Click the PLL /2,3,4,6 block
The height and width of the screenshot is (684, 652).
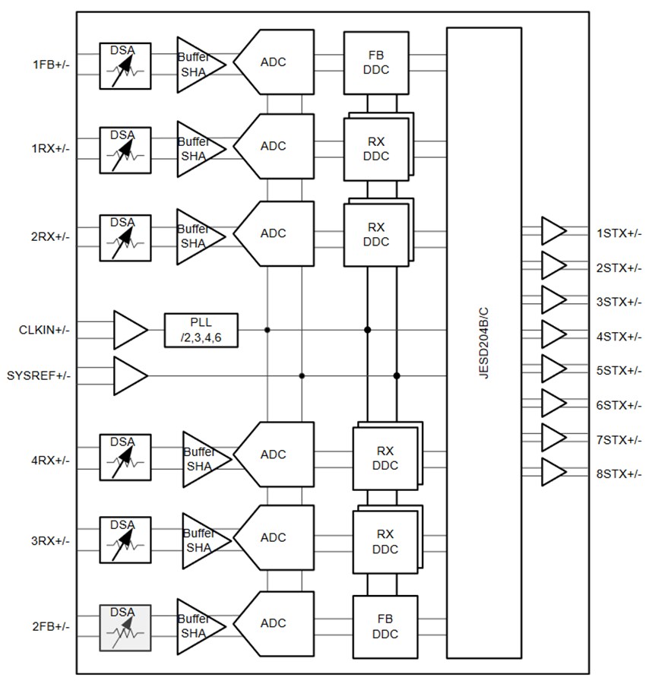[201, 330]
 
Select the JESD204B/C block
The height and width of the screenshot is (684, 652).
[483, 343]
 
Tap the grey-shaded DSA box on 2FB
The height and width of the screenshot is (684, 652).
[125, 627]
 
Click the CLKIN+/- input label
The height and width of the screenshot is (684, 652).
[44, 330]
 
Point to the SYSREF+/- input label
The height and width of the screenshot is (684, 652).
[38, 375]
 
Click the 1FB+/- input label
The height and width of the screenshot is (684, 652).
[51, 65]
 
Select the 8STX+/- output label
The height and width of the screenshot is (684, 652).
[619, 473]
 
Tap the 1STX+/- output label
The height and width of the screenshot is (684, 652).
[619, 233]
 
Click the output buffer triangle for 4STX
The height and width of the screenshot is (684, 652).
[552, 334]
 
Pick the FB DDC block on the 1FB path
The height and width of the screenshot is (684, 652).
[376, 63]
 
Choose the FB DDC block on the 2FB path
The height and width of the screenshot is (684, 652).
[385, 626]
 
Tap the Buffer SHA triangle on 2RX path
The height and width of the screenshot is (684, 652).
[198, 236]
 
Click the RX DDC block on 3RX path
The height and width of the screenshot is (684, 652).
[385, 540]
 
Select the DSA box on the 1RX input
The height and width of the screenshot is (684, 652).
[125, 147]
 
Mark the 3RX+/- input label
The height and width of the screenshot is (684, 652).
[51, 541]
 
